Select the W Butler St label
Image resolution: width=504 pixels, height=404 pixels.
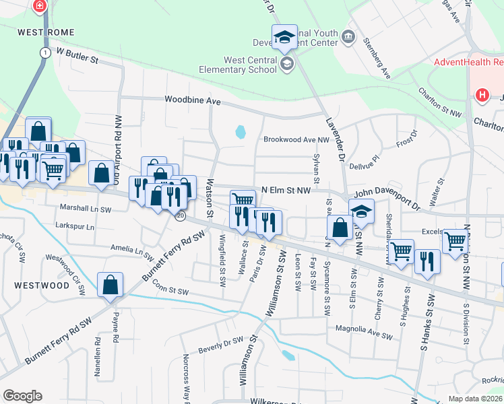tap(77, 55)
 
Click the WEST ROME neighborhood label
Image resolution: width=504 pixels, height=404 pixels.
tap(44, 32)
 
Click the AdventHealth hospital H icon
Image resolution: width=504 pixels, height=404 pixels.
tap(482, 95)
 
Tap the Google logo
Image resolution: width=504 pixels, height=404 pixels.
tap(22, 395)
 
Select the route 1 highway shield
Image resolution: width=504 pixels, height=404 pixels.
tap(44, 52)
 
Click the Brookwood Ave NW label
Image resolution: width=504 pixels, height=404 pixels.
tap(296, 139)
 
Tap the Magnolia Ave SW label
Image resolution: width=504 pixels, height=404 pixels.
tap(363, 331)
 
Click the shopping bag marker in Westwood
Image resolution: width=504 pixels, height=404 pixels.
tap(109, 285)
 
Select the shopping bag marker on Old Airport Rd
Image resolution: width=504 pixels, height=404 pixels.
tap(101, 174)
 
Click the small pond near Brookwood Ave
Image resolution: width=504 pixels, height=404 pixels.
tap(240, 132)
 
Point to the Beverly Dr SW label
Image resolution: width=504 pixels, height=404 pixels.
tap(220, 345)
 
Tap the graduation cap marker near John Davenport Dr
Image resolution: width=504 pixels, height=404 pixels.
tap(362, 212)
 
